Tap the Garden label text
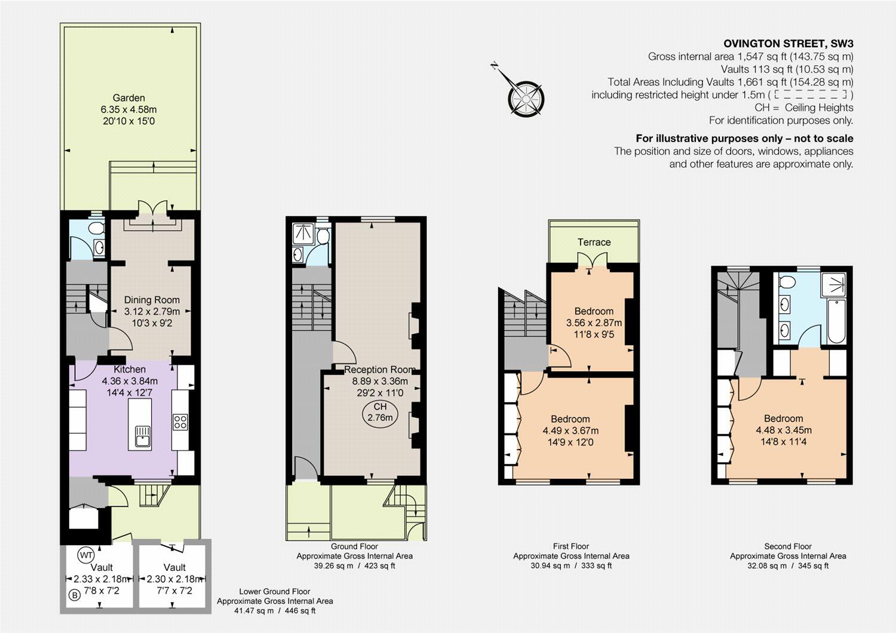tap(128, 98)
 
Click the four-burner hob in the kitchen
tap(180, 422)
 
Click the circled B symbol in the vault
tap(75, 595)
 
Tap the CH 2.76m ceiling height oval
tap(380, 412)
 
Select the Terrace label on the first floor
tap(594, 242)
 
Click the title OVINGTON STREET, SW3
tap(788, 44)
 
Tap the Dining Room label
tap(152, 300)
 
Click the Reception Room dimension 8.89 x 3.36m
tap(380, 381)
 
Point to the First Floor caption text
tap(571, 546)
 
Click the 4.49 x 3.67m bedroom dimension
tap(570, 430)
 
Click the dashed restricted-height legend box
tap(810, 94)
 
